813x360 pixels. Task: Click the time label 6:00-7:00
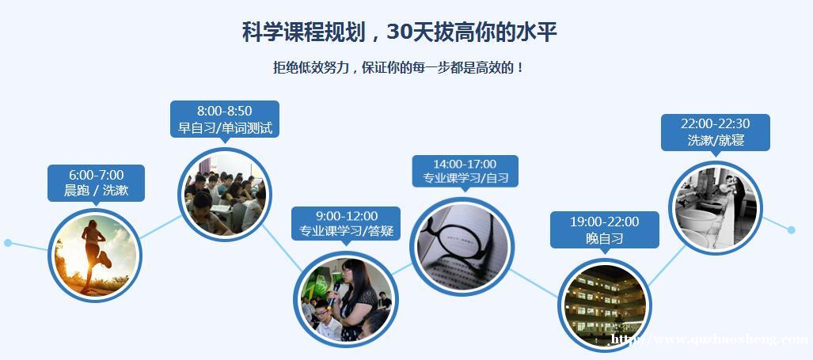[96, 175]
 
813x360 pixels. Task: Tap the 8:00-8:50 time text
[225, 110]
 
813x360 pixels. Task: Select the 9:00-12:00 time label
[346, 215]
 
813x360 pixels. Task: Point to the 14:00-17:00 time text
[465, 164]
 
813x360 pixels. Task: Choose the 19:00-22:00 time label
[605, 222]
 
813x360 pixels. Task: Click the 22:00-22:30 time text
[715, 123]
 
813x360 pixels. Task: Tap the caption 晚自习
[605, 238]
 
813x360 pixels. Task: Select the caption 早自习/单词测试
[225, 127]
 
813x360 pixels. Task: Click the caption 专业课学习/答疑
[346, 231]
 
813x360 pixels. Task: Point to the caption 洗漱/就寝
[716, 140]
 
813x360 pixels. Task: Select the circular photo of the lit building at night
[605, 305]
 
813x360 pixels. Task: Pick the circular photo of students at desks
[225, 195]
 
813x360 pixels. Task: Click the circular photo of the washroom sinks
[715, 208]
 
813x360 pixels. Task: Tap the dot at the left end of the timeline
[7, 242]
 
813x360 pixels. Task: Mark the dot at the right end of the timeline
[791, 229]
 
